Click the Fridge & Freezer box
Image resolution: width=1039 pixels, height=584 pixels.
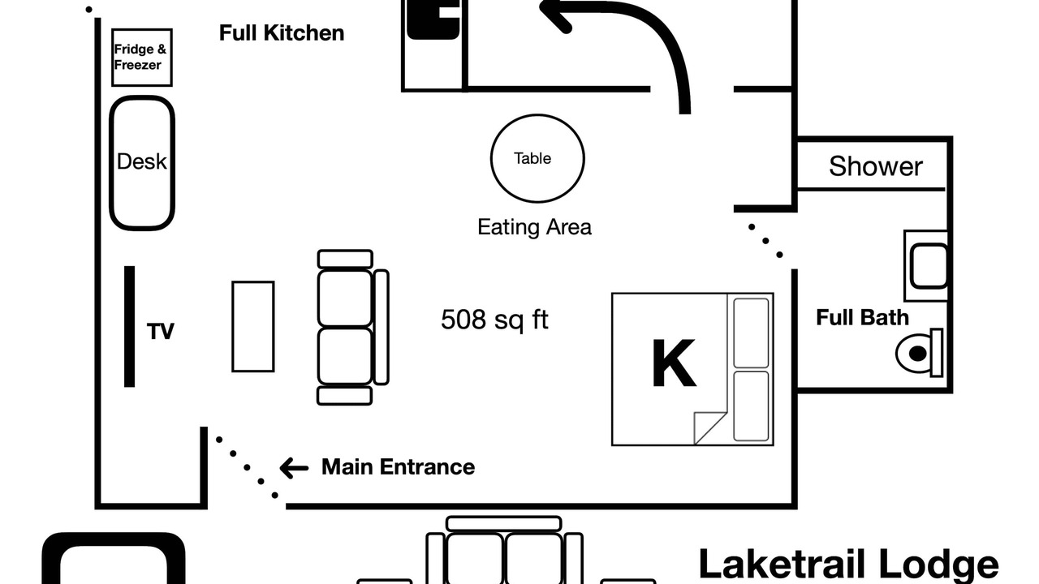[x=142, y=58]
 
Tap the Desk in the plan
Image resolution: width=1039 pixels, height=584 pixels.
[x=142, y=163]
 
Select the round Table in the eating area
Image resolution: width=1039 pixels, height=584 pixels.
[x=537, y=158]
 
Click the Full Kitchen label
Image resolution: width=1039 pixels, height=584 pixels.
[x=282, y=33]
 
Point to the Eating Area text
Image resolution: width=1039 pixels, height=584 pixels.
[x=534, y=227]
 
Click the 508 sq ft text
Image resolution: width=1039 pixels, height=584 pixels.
[x=494, y=320]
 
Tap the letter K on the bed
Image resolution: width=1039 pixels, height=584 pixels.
[x=674, y=363]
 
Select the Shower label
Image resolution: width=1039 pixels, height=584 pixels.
[x=876, y=166]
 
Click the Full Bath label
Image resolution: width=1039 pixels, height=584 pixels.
[x=862, y=318]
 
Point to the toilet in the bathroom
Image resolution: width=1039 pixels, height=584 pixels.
[x=920, y=353]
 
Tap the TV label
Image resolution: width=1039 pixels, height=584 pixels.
[x=161, y=332]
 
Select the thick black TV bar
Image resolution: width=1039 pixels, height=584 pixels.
[x=129, y=326]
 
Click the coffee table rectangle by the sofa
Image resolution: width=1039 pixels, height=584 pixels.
[x=253, y=327]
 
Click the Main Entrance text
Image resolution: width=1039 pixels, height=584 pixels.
[x=398, y=466]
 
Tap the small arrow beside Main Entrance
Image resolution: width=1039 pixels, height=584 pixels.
[x=294, y=468]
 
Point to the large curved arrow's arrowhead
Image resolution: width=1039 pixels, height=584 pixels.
[x=557, y=14]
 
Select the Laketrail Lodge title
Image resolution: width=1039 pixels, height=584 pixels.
[x=848, y=565]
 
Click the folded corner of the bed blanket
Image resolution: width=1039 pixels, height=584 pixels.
[x=709, y=427]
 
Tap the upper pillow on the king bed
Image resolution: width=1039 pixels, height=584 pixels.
[x=751, y=333]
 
